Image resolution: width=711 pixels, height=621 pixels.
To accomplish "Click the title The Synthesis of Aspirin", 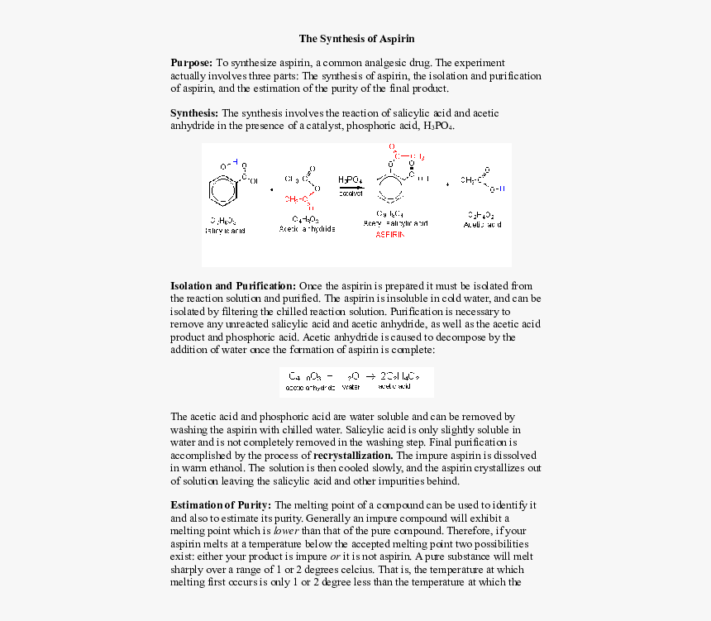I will pos(356,39).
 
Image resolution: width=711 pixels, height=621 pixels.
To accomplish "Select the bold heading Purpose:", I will pos(191,63).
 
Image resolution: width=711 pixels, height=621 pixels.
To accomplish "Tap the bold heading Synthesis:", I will pos(194,113).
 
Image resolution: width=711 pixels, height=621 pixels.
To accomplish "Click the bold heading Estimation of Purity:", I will pos(220,505).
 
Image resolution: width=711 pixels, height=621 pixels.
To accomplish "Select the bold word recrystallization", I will pos(353,456).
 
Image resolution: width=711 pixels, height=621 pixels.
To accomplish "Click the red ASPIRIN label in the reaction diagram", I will pos(390,235).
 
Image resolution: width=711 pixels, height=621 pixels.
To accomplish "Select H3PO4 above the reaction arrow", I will pos(350,179).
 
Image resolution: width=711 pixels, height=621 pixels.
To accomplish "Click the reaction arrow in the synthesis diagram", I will pos(351,187).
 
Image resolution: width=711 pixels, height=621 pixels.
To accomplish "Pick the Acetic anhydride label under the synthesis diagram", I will pos(307,229).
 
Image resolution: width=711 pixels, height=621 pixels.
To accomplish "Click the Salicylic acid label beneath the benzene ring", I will pos(225,231).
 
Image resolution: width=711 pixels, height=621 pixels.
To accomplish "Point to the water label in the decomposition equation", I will pos(351,387).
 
